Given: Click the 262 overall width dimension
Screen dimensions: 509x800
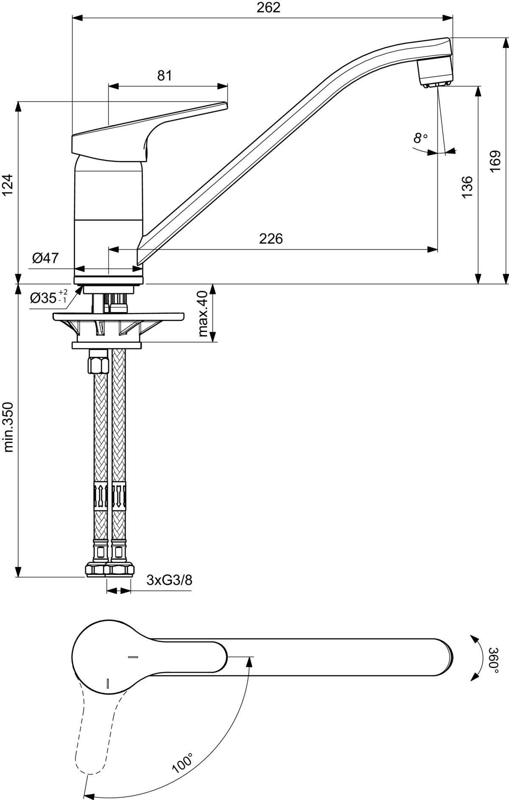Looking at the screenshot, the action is coord(268,8).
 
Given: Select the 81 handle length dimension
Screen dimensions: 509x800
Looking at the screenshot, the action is coord(165,76).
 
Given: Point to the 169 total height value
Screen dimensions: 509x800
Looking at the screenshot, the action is coord(495,161).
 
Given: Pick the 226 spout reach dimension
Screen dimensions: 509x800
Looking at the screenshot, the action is coord(271,239).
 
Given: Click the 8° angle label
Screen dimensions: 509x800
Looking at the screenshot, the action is coord(420,138).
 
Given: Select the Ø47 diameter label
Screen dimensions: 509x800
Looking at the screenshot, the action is coord(45,258).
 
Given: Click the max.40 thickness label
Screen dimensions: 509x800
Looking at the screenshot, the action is coord(204,313).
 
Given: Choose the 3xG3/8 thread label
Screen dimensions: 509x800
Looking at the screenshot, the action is coord(169,580).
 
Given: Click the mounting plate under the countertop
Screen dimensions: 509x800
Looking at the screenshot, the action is coord(119,317).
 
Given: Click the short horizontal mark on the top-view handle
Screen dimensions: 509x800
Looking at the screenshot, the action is coord(133,657).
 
